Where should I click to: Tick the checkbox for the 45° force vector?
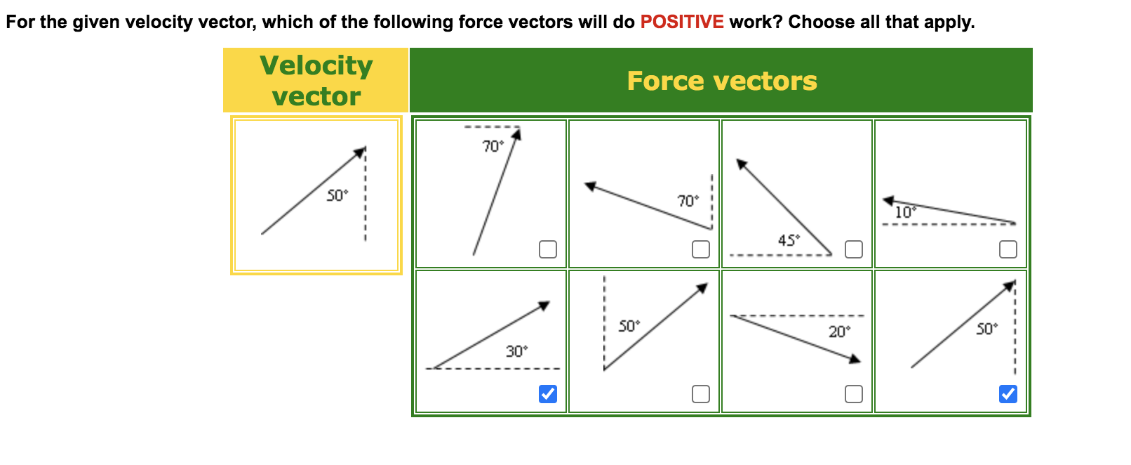[854, 249]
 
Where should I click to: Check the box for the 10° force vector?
[1008, 249]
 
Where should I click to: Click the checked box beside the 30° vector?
[548, 394]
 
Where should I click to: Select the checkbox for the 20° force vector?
[854, 394]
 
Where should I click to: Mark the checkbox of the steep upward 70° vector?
[548, 249]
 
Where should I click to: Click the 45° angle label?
[789, 240]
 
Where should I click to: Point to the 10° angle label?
[905, 212]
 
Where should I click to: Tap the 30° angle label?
[516, 351]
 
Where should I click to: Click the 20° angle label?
[839, 332]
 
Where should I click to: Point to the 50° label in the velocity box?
[337, 195]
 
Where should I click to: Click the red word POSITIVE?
[681, 22]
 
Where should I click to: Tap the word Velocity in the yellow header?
[316, 65]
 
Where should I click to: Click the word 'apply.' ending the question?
[950, 22]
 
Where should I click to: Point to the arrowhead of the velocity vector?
[361, 152]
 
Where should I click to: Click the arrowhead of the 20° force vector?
[855, 359]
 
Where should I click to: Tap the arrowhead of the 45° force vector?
[741, 164]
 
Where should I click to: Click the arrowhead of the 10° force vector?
[888, 201]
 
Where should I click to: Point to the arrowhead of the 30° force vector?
[544, 306]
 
